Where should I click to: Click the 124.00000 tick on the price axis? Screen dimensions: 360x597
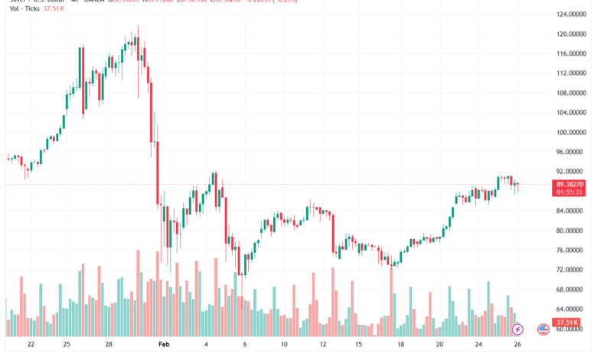[x=571, y=15]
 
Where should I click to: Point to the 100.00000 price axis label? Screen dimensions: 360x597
[x=571, y=132]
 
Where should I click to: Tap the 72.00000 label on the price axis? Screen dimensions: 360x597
[x=571, y=270]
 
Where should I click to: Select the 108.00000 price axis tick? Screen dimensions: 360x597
[x=571, y=93]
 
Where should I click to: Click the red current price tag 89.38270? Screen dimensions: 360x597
[x=571, y=185]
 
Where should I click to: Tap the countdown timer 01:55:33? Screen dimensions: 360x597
[x=571, y=193]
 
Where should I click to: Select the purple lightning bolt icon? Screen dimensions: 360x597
[x=518, y=329]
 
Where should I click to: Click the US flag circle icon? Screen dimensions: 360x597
[x=543, y=329]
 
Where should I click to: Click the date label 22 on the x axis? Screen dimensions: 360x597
[x=31, y=345]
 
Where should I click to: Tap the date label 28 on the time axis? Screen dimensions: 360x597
[x=109, y=345]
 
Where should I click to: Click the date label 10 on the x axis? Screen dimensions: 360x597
[x=285, y=345]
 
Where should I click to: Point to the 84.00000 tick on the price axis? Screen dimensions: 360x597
[x=571, y=211]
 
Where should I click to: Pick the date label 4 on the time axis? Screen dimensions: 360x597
[x=207, y=345]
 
